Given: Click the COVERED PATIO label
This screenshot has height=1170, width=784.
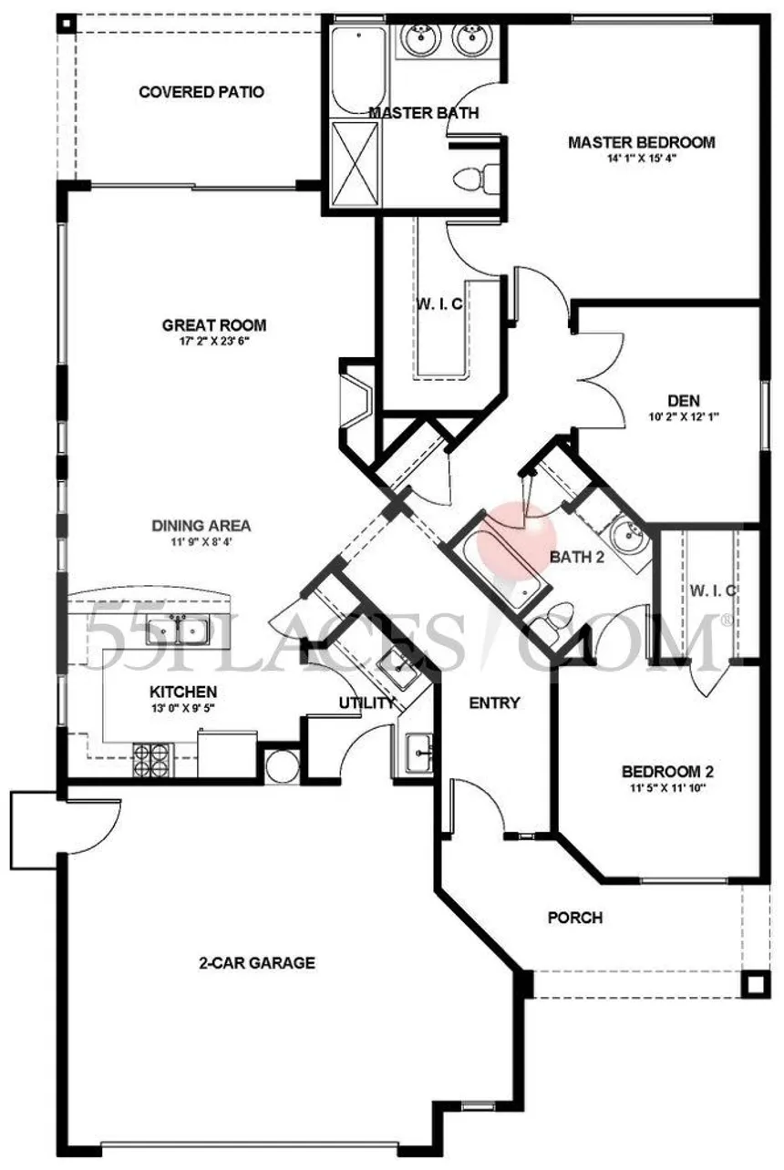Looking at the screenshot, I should [201, 92].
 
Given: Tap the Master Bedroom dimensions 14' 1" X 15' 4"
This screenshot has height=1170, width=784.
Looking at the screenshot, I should [641, 158].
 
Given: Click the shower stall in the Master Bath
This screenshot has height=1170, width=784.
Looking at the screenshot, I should [355, 165].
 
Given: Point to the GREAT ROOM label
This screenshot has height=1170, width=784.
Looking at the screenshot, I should [214, 325].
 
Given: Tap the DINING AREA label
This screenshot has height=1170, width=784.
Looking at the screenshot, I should [201, 526].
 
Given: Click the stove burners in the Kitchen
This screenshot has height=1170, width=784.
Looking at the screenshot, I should [153, 757].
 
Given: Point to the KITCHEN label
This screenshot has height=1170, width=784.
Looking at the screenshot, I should [183, 693].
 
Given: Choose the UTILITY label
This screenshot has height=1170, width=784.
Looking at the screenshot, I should [366, 703].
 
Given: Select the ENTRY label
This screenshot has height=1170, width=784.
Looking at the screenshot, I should [494, 703].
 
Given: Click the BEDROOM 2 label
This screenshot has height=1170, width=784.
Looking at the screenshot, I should [661, 770].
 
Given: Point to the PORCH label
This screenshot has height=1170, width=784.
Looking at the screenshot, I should [574, 918].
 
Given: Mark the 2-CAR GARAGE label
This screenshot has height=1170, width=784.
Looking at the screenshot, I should [258, 962].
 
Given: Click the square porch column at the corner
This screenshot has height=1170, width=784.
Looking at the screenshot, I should [753, 985].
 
